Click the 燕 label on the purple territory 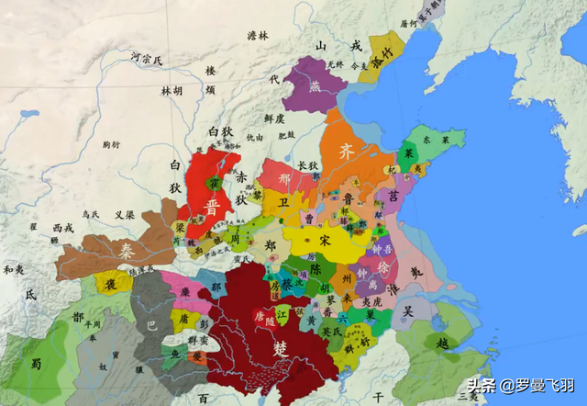click(x=315, y=87)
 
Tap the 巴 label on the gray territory click(x=153, y=323)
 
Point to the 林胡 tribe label click(x=172, y=91)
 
